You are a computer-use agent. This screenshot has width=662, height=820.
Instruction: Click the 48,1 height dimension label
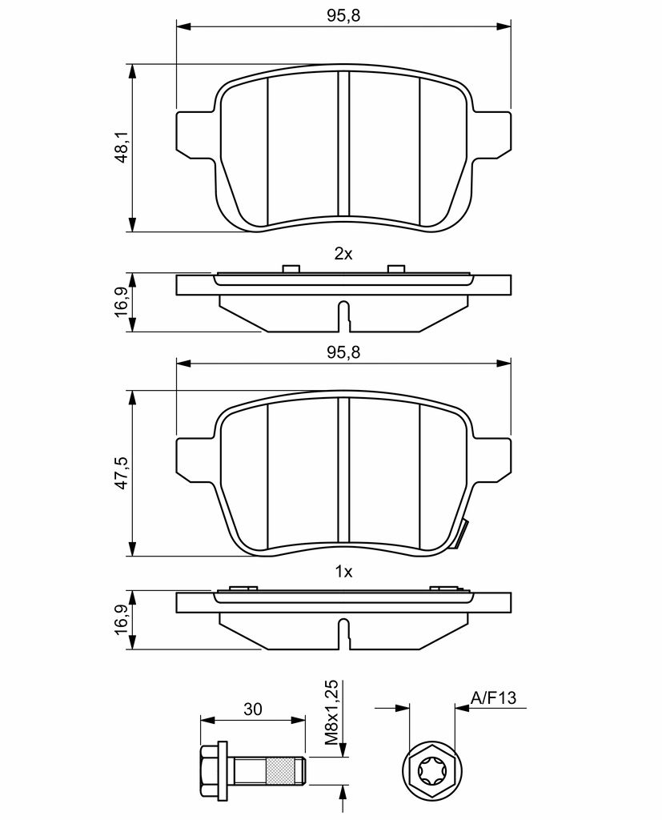click(122, 147)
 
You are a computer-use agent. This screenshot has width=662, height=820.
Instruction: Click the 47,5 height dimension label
click(122, 472)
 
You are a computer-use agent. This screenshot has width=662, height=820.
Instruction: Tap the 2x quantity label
click(343, 254)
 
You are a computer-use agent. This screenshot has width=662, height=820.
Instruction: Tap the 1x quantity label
click(343, 572)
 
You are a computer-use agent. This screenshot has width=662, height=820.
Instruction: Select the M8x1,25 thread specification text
click(331, 713)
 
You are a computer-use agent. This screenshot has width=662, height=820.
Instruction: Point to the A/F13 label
click(494, 697)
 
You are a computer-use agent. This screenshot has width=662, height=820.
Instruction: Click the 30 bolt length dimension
click(253, 709)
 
